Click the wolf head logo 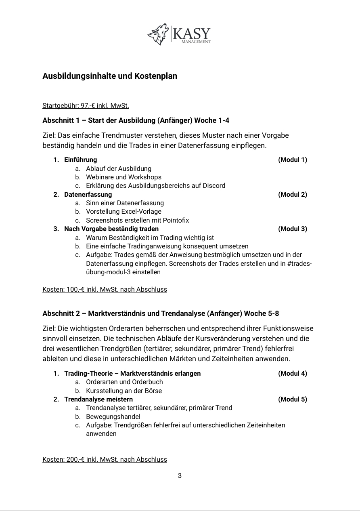coord(158,34)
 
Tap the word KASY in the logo coord(191,33)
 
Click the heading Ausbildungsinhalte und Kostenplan coord(110,76)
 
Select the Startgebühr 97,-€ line coord(86,106)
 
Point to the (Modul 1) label coord(293,160)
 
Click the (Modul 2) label coord(293,195)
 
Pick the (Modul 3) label coord(293,229)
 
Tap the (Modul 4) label coord(293,374)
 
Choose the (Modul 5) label coord(293,400)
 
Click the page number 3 coord(180,476)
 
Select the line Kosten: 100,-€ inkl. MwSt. coord(105,290)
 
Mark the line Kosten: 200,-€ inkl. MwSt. coord(105,460)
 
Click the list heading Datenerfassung coord(88,195)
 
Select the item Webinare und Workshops coord(123,177)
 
